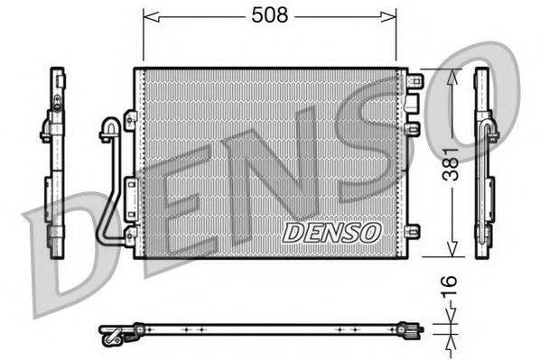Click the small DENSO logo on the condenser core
tap(331, 232)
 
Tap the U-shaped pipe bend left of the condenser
tap(110, 127)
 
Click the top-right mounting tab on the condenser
tap(415, 81)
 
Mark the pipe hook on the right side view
tap(492, 134)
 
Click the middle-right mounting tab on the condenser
tap(414, 130)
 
